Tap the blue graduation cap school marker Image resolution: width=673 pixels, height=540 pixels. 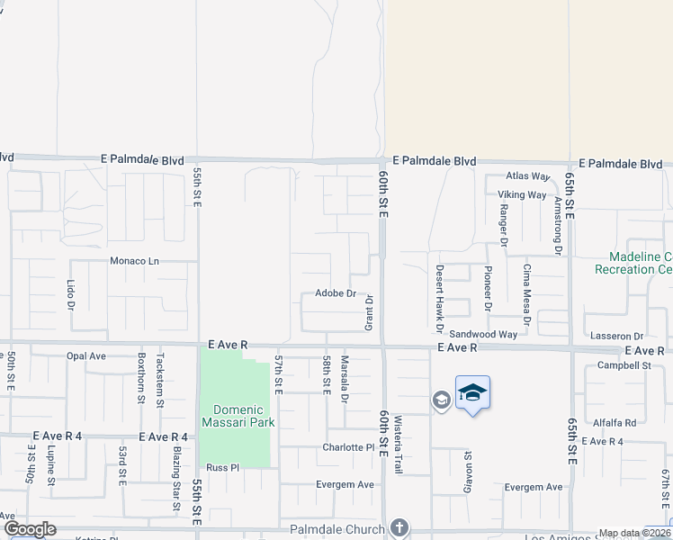(x=472, y=393)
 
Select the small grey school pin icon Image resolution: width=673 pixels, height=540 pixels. (x=441, y=400)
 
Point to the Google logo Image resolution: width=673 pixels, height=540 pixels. (x=29, y=529)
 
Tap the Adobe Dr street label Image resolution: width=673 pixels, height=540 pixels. (x=336, y=293)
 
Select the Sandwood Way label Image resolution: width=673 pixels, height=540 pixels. (x=483, y=334)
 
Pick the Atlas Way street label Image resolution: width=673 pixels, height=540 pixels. (x=527, y=176)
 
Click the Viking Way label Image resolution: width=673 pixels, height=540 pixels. (x=524, y=194)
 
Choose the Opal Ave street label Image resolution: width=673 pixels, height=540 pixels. (x=86, y=355)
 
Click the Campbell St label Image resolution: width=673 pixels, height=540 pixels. (x=624, y=365)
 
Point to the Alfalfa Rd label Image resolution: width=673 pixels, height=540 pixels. (x=615, y=422)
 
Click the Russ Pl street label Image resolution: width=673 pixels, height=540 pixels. (x=222, y=467)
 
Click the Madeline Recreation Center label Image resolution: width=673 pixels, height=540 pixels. (x=633, y=263)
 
